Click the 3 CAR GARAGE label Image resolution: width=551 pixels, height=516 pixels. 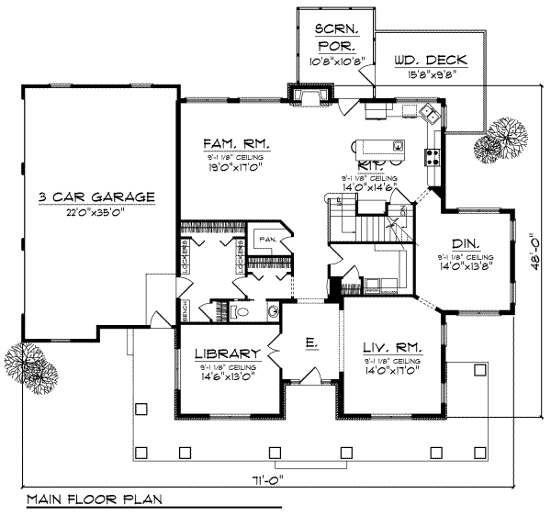coord(96,196)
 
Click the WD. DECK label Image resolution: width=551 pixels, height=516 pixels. coord(430,61)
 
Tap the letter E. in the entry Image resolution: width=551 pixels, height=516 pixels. coord(311,342)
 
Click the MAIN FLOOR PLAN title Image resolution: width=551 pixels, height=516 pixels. coord(94,500)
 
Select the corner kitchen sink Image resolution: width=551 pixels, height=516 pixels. coord(429,114)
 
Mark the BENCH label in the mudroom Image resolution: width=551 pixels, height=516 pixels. coord(184,313)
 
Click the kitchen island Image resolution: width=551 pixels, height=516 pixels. coord(380,145)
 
